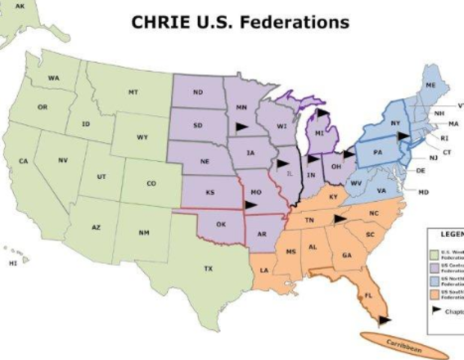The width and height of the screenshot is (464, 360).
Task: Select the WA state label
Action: click(54, 78)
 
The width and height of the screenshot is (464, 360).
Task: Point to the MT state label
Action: click(133, 91)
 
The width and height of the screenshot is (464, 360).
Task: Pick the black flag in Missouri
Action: click(250, 204)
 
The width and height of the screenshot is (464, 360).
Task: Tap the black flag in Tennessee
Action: click(340, 218)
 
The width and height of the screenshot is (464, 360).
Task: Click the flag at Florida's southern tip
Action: click(384, 320)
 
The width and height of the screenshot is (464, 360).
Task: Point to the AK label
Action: click(19, 6)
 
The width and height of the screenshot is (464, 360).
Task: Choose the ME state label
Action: click(430, 86)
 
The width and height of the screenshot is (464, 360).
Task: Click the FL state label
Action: click(368, 296)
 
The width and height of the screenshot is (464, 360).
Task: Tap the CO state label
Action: click(151, 182)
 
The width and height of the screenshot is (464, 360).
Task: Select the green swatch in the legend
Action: click(433, 253)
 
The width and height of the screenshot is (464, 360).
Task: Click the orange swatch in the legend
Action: click(433, 293)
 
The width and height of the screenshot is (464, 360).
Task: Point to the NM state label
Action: click(144, 232)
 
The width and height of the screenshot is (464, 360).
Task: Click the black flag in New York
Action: click(404, 135)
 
